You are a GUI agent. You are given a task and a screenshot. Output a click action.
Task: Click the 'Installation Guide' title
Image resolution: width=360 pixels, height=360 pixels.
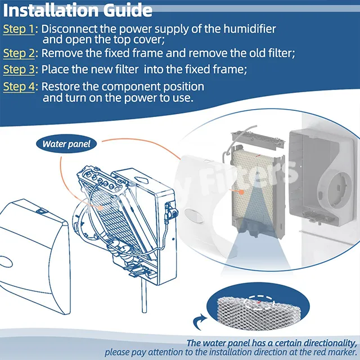(x=78, y=10)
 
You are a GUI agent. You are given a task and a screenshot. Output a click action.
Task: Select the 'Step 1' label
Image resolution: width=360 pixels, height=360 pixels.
(x=19, y=29)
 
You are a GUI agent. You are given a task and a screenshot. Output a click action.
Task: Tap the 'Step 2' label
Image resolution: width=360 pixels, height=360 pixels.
(x=19, y=53)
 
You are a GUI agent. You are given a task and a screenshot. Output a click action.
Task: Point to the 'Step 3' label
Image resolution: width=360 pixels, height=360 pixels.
(x=19, y=70)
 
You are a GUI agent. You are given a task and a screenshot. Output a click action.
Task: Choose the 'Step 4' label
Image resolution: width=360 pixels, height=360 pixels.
(x=19, y=87)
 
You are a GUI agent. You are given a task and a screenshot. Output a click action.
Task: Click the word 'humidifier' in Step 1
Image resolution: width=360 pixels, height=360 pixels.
(x=250, y=29)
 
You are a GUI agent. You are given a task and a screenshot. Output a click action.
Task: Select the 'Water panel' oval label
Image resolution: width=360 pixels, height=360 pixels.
(x=66, y=144)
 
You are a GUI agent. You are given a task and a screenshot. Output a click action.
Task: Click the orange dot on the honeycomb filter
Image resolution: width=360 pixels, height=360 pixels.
(x=241, y=192)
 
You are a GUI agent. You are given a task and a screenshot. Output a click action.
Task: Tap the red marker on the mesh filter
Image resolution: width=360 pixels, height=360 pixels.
(x=259, y=303)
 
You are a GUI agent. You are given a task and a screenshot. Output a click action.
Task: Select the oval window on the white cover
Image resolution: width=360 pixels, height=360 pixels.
(x=193, y=216)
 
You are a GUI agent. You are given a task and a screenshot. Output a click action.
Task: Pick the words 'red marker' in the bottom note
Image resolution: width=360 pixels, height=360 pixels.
(x=330, y=352)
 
